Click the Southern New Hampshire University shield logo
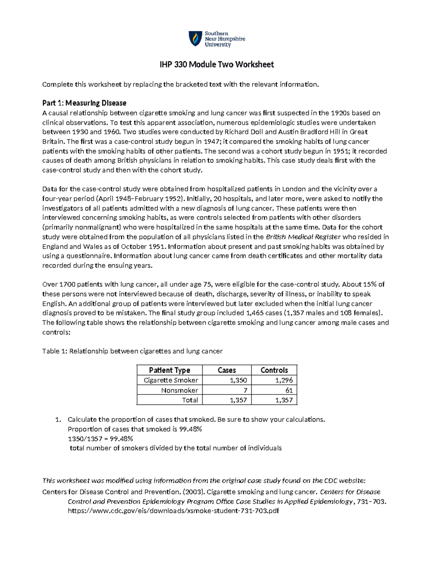[195, 39]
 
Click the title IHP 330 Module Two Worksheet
[217, 65]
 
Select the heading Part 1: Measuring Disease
[84, 103]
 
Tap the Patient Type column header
[169, 370]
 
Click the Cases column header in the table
[227, 370]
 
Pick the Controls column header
[274, 370]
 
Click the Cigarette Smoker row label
[171, 380]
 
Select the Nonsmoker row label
[179, 390]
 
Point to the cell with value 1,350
[238, 380]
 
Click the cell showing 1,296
[284, 380]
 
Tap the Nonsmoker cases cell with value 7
[245, 390]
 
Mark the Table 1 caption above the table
[132, 351]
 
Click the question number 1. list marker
[58, 419]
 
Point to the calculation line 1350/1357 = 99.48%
[101, 439]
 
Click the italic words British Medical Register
[303, 237]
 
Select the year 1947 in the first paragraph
[211, 141]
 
